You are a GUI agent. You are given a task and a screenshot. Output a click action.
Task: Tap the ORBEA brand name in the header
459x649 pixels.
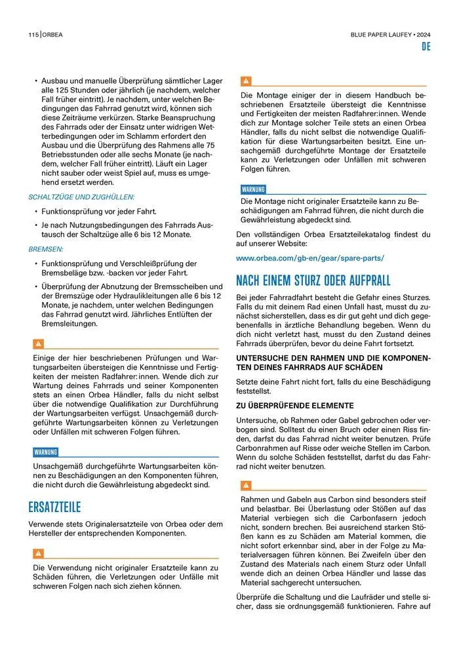pyautogui.click(x=53, y=35)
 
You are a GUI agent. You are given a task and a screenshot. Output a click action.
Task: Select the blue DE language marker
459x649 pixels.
pyautogui.click(x=425, y=48)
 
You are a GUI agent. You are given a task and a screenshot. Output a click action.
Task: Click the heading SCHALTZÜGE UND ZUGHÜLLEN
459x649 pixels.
pyautogui.click(x=81, y=197)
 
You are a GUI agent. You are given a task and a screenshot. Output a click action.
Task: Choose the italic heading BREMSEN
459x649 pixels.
pyautogui.click(x=45, y=250)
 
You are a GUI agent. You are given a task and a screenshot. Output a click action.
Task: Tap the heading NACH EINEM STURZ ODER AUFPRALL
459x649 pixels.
pyautogui.click(x=313, y=281)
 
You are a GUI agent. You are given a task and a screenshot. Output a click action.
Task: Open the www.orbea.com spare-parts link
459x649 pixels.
pyautogui.click(x=309, y=258)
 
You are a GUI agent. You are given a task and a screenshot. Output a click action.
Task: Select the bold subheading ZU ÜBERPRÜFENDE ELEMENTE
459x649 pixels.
pyautogui.click(x=294, y=405)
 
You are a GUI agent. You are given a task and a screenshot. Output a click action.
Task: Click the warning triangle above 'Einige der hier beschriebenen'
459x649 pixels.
pyautogui.click(x=38, y=344)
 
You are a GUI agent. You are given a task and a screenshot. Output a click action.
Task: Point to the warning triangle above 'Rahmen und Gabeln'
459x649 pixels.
pyautogui.click(x=247, y=485)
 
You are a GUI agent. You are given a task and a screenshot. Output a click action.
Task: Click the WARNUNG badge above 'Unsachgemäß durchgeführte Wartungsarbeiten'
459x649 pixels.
pyautogui.click(x=46, y=452)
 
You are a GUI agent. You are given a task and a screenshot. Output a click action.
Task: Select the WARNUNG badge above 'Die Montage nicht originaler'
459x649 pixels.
pyautogui.click(x=254, y=189)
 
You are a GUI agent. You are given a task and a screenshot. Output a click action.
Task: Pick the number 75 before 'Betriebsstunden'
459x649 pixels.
pyautogui.click(x=210, y=144)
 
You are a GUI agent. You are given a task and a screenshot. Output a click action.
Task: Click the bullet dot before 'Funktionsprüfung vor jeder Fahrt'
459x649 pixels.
pyautogui.click(x=35, y=212)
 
